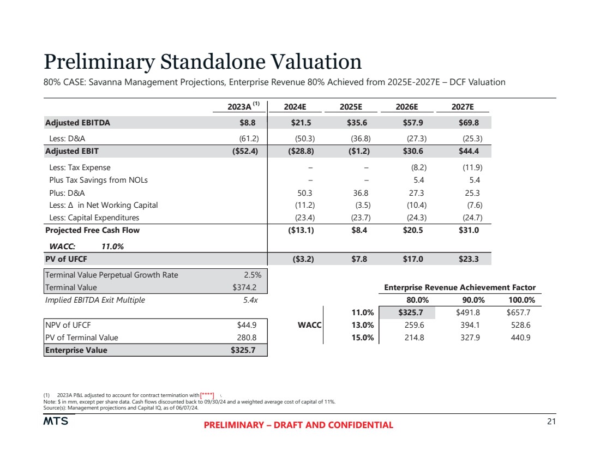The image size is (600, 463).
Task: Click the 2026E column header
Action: [408, 107]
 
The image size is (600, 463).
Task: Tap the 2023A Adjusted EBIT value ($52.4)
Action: [242, 151]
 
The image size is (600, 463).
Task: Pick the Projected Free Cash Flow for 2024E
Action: [301, 230]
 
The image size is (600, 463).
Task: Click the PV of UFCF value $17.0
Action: [414, 259]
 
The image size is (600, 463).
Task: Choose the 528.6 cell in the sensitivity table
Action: [519, 325]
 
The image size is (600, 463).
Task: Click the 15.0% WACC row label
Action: [362, 338]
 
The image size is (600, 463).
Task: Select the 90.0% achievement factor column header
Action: [467, 300]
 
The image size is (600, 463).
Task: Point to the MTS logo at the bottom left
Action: [56, 422]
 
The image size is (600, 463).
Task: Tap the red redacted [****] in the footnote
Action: [207, 395]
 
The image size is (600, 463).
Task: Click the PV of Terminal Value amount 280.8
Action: [247, 338]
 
